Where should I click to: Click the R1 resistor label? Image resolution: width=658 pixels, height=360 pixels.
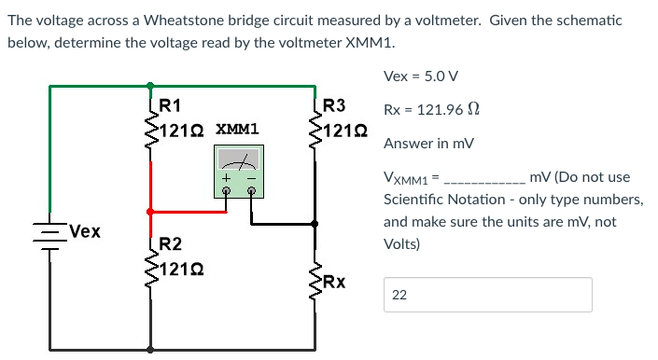[171, 104]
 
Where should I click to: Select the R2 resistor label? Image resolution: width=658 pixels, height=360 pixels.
[171, 245]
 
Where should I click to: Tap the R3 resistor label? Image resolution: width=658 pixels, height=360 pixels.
[333, 104]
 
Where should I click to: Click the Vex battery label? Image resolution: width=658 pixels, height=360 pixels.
[82, 230]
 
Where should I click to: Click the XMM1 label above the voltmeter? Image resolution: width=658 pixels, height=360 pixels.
[237, 129]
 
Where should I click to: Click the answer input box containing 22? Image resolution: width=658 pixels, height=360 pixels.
[487, 295]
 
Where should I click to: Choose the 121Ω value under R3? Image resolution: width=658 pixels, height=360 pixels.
[342, 128]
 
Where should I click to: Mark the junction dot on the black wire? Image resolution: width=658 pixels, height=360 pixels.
[315, 224]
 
